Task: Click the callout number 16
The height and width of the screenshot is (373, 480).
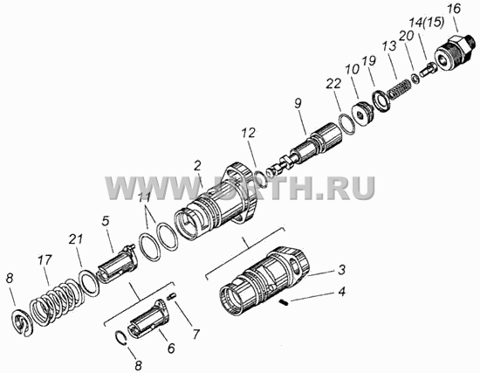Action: tap(453, 9)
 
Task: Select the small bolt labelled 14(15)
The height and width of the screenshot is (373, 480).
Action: tap(429, 70)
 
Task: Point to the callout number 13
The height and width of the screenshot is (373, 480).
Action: tap(389, 46)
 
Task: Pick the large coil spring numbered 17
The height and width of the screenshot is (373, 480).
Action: tap(54, 303)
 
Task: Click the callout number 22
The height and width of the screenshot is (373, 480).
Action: tap(333, 83)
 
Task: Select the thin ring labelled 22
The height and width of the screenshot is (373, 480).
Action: tap(346, 124)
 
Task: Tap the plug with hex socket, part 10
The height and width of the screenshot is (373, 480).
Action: tap(363, 112)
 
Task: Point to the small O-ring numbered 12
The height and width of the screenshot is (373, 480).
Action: tap(261, 178)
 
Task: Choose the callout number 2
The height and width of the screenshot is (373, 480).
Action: tap(197, 166)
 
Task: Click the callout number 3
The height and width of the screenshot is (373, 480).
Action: tap(341, 269)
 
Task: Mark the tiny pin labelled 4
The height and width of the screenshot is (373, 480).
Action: tap(285, 303)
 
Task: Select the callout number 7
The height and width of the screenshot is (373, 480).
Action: tap(195, 334)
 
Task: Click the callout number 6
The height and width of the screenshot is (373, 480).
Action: tap(170, 348)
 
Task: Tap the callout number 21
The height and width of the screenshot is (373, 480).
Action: tap(76, 239)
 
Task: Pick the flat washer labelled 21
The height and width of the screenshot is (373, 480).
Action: tap(89, 282)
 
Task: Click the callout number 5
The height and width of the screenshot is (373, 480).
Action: tap(106, 221)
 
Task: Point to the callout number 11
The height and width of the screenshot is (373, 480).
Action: tap(144, 197)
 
